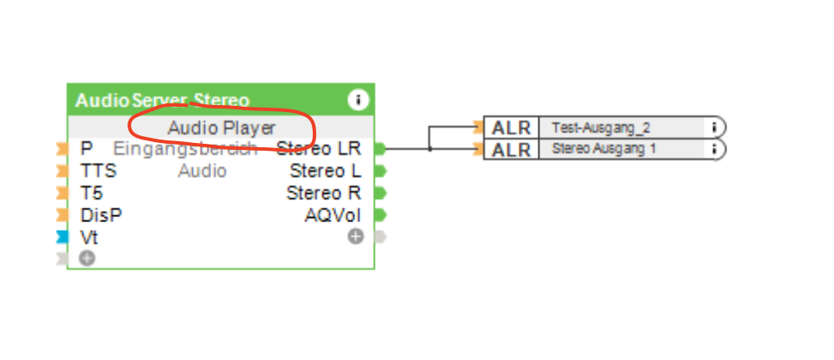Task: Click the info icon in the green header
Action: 358,100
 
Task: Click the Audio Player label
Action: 221,127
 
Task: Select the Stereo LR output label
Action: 318,149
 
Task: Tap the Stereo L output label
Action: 325,171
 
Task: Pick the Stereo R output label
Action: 323,193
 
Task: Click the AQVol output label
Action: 333,215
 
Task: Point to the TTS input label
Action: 98,171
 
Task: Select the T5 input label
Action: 92,193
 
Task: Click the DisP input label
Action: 101,215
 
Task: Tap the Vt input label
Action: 89,237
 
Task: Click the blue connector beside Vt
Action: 61,237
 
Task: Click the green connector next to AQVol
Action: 380,215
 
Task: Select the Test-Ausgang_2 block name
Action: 601,127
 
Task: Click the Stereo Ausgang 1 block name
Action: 603,149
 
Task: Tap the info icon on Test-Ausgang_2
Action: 714,127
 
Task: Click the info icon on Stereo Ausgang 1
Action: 714,149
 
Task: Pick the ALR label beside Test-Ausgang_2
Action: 511,127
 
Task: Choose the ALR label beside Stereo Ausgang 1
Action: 511,150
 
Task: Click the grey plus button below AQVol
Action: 356,236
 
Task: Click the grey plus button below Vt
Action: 87,258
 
